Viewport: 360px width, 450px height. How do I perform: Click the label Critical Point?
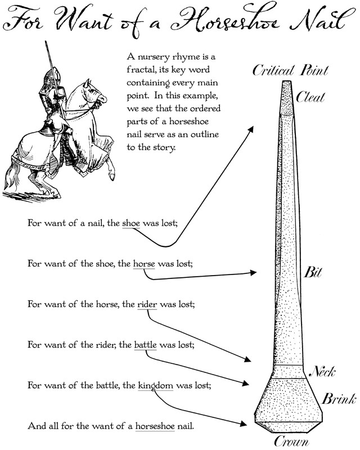click(290, 70)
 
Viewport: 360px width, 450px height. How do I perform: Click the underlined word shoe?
click(130, 222)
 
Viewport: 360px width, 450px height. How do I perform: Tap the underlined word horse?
click(144, 263)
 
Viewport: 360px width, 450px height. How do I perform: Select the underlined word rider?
click(147, 304)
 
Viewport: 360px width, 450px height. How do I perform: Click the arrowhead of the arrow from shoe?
click(252, 128)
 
